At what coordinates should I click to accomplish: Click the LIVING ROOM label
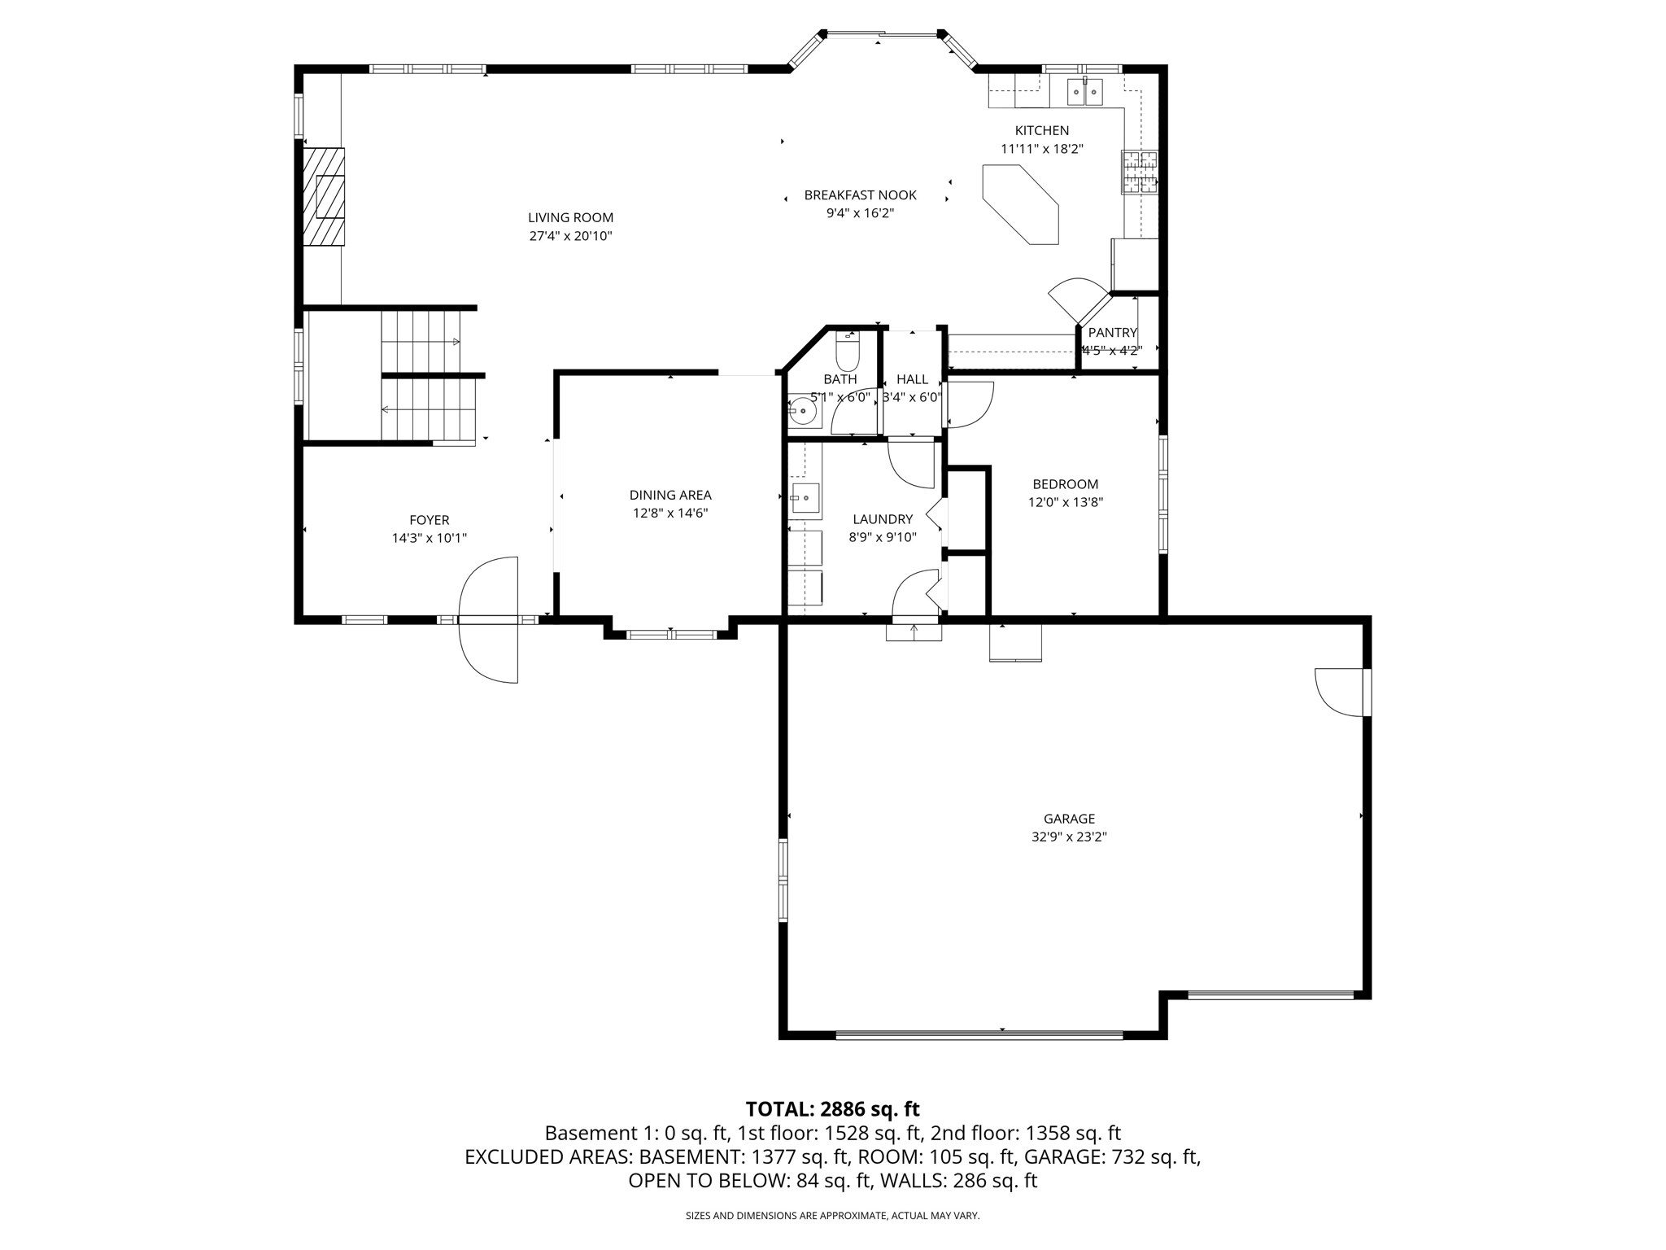click(570, 217)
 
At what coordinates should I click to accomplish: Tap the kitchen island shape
click(1022, 203)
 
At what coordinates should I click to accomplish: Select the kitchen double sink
click(1084, 92)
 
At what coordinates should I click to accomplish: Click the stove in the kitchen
click(1139, 172)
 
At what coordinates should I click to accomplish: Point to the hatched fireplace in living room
click(325, 196)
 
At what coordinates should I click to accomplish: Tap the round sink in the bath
click(804, 412)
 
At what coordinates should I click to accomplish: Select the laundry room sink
click(805, 497)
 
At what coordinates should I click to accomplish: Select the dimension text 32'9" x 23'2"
click(1069, 837)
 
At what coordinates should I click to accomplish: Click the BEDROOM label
click(1065, 484)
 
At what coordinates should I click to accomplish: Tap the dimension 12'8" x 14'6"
click(670, 513)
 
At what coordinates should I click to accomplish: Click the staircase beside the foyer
click(427, 376)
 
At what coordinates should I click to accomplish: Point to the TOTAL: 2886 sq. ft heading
click(832, 1108)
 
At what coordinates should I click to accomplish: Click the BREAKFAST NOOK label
click(860, 195)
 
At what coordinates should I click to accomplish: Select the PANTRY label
click(1112, 332)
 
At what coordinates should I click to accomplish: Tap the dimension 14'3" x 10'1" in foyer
click(429, 538)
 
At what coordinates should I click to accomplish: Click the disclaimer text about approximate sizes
click(832, 1215)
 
